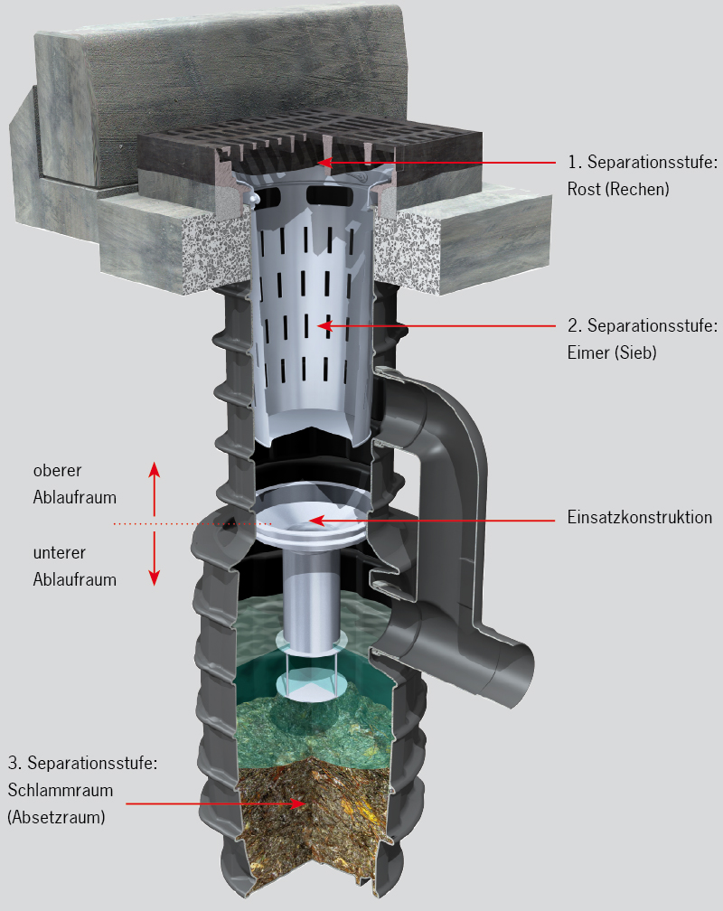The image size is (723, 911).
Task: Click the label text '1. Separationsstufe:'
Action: [643, 162]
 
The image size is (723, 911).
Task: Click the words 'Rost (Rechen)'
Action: [618, 190]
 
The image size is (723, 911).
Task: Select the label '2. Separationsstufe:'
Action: [643, 326]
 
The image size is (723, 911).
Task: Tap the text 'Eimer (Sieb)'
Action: [612, 352]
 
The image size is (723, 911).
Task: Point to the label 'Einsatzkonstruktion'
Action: [639, 517]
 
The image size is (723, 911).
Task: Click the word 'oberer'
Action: [57, 470]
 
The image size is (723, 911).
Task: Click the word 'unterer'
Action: [60, 552]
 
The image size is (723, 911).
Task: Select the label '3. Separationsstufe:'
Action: [82, 763]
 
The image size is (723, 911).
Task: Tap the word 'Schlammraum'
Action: [61, 790]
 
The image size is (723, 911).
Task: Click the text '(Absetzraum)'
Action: [56, 817]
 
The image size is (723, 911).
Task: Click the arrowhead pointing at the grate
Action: [324, 162]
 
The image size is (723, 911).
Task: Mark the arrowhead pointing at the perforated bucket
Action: [324, 326]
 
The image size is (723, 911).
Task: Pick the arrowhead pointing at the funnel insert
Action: [315, 520]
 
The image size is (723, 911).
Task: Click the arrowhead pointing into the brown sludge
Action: [299, 804]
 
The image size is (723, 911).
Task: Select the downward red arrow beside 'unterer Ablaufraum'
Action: [154, 559]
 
